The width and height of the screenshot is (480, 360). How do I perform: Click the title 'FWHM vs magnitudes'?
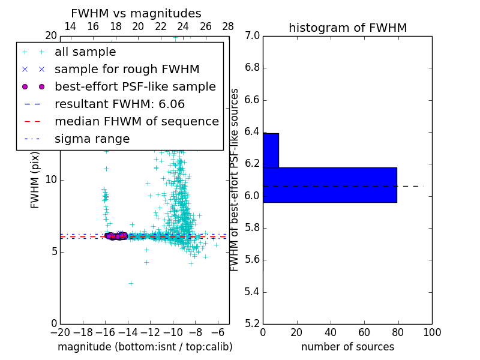pos(136,13)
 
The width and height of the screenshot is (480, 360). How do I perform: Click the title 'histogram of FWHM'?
pos(347,28)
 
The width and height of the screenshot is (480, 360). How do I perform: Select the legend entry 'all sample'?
pos(85,52)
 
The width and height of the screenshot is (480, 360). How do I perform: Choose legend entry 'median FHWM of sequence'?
pos(136,121)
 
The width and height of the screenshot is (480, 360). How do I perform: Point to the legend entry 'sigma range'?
pos(92,139)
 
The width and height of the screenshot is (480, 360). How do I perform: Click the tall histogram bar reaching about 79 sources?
pos(330,185)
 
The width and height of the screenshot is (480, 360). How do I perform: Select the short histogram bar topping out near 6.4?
pos(271,150)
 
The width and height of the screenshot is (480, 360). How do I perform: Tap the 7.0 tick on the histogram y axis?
pos(252,36)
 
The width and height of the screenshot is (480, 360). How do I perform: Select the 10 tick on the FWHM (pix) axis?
pos(51,180)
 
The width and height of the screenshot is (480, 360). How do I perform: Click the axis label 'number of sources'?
pos(347,347)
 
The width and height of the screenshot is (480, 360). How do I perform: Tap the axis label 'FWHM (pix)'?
pos(35,180)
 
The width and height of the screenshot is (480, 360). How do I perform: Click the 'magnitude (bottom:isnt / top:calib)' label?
pos(145,347)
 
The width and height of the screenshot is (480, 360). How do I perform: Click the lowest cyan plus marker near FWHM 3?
pos(131,283)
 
